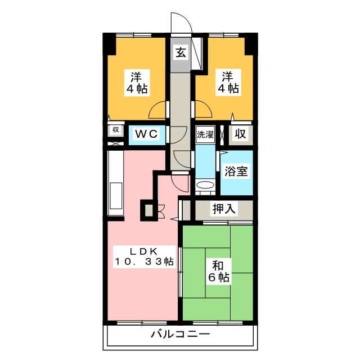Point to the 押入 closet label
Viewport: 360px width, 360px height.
223,209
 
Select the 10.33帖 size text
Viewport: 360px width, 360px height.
145,262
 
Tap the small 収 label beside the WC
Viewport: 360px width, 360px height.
115,130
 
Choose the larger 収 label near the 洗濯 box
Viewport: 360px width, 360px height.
240,134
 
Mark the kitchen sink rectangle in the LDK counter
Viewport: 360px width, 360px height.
116,196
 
